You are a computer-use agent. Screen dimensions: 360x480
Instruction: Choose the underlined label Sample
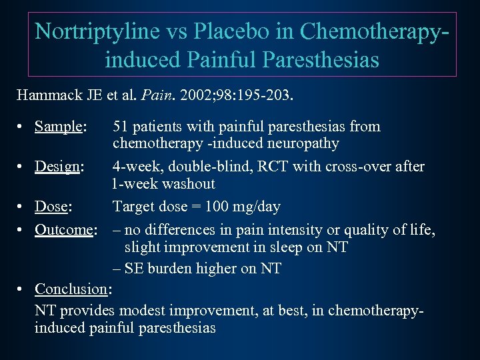click(59, 127)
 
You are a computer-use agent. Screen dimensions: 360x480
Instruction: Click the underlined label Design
click(57, 167)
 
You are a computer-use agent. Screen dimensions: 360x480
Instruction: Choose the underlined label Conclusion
click(71, 289)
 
